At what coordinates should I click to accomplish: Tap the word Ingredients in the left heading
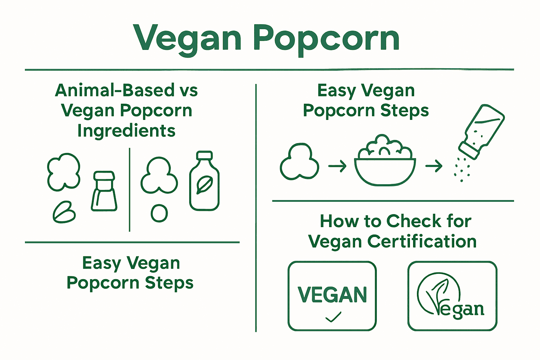coord(126,131)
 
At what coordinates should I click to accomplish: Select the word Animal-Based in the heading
coord(115,90)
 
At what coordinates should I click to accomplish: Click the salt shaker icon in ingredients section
coord(104,191)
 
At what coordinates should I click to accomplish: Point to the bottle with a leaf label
coord(204,181)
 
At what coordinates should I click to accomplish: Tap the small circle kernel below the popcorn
coord(159,213)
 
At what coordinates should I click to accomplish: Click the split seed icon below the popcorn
coord(64,213)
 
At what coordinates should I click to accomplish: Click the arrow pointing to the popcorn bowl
coord(337,166)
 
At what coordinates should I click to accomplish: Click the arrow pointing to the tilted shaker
coord(434,166)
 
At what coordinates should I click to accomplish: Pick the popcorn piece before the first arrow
coord(299,162)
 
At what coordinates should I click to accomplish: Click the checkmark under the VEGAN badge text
coord(333,317)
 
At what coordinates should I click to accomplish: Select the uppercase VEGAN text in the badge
coord(332,295)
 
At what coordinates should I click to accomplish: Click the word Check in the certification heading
coord(414,221)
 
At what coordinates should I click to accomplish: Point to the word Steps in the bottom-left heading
coord(169,283)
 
